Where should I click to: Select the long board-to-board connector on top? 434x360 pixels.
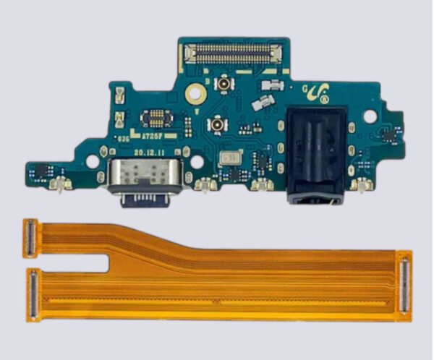click(x=233, y=52)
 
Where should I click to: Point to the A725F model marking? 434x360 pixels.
click(x=151, y=134)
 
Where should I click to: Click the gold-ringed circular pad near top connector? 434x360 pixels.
click(x=193, y=93)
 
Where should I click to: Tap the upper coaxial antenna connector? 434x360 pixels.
click(x=226, y=84)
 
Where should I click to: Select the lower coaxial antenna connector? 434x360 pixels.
click(x=216, y=126)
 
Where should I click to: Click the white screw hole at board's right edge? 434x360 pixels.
click(x=370, y=116)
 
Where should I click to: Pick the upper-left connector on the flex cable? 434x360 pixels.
click(x=30, y=239)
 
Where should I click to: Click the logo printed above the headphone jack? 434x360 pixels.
click(x=319, y=92)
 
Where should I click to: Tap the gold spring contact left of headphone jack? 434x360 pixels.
click(x=262, y=184)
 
